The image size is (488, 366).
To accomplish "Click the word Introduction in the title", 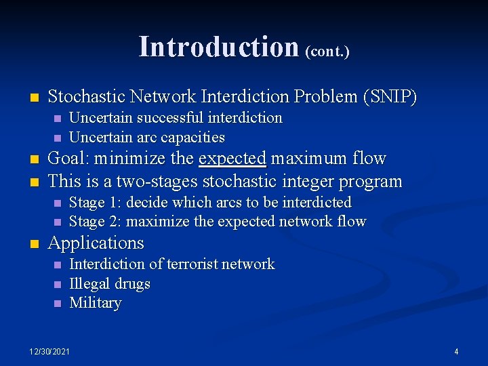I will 219,47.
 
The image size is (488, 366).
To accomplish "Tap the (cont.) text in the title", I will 327,51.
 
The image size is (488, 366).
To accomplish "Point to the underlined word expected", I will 232,159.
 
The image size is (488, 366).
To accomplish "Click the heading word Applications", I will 96,243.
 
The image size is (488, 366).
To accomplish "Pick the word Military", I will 96,303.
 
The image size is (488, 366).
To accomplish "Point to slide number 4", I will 456,351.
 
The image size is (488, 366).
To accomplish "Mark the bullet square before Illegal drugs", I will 57,284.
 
